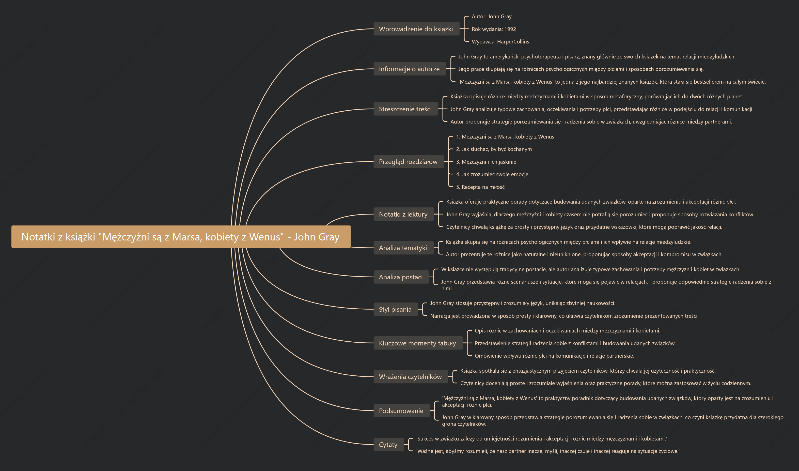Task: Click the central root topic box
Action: point(181,237)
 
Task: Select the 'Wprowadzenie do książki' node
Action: point(416,29)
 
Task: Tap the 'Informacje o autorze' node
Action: point(410,69)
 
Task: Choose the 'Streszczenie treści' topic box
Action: point(405,109)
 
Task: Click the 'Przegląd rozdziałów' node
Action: point(408,162)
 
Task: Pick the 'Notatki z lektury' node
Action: point(403,214)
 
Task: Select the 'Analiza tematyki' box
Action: point(403,248)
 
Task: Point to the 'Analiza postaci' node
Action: point(401,277)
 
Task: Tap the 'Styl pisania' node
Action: point(396,309)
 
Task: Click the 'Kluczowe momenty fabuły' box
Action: point(418,343)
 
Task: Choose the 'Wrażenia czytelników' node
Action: point(411,377)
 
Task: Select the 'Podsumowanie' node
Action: point(401,411)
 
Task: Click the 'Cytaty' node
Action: point(388,445)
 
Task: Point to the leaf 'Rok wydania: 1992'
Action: point(494,29)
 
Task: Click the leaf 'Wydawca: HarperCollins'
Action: point(500,42)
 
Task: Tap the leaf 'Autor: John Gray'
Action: point(492,17)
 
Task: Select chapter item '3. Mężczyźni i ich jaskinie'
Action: point(486,162)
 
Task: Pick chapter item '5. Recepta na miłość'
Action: point(480,187)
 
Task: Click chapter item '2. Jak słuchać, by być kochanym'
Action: point(494,149)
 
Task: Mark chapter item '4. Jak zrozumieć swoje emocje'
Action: point(492,174)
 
